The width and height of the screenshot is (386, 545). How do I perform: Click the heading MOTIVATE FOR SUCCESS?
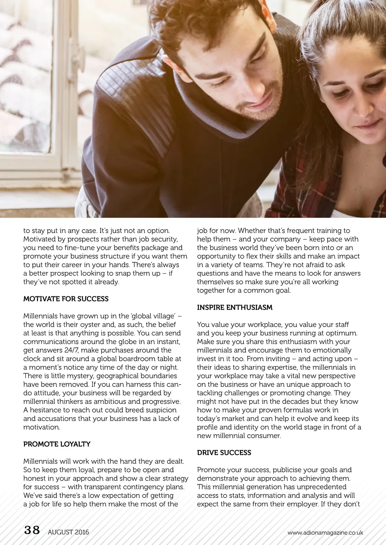(66, 299)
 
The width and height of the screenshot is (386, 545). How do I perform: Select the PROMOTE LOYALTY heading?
(57, 444)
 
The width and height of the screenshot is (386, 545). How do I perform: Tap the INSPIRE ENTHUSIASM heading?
(234, 308)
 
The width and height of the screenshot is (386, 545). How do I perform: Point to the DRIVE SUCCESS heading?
(224, 453)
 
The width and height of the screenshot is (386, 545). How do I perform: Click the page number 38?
(32, 530)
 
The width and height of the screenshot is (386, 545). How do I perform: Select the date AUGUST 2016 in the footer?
(68, 532)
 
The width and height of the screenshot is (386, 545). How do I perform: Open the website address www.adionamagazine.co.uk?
(325, 533)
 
